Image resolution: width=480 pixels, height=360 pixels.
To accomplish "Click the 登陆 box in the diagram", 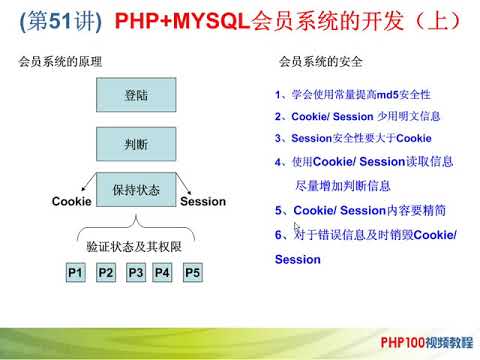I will (x=136, y=98).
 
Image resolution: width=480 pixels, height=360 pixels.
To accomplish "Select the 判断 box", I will (x=136, y=144).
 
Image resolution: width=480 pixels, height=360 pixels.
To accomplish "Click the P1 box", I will (x=75, y=272).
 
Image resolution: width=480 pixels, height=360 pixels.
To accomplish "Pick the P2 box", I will (x=106, y=272).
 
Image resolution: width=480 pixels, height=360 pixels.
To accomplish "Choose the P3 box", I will (x=136, y=272).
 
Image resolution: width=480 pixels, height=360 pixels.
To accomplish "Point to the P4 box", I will (x=163, y=272).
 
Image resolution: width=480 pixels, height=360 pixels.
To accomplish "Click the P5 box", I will (x=194, y=272).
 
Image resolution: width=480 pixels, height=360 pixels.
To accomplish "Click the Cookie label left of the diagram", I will (x=72, y=202).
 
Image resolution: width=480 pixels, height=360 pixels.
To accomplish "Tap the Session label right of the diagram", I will (x=203, y=202).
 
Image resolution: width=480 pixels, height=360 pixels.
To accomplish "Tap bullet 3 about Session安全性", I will (x=354, y=138).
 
